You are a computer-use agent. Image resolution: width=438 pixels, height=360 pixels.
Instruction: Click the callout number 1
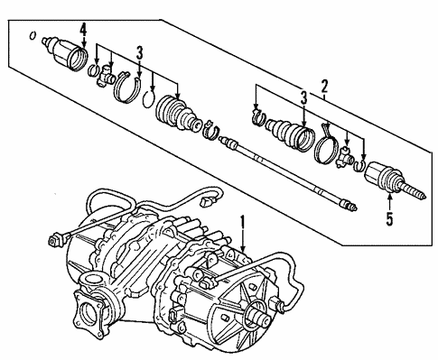pyautogui.click(x=241, y=219)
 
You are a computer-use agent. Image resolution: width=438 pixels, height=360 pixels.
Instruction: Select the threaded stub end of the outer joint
pyautogui.click(x=416, y=192)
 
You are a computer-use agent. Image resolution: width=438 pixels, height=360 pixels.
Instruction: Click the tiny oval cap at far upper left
pyautogui.click(x=33, y=36)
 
